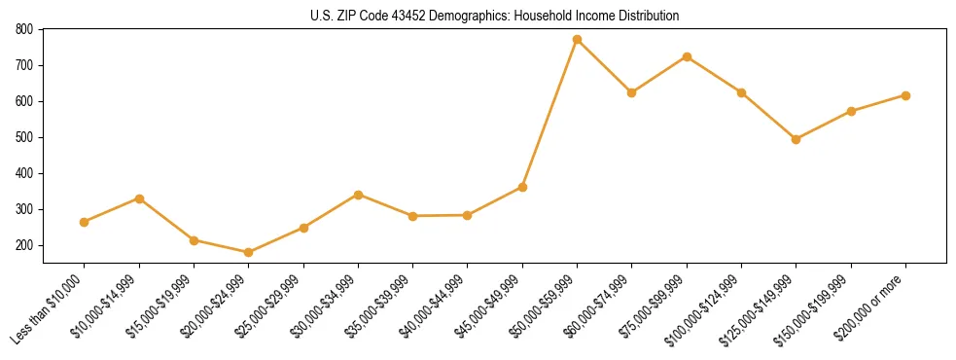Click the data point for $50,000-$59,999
[577, 40]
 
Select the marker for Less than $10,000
[85, 222]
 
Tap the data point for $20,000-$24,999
[248, 253]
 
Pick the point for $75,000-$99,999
[687, 56]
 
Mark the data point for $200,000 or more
[905, 95]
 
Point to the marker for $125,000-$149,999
[796, 139]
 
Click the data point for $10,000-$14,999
[139, 198]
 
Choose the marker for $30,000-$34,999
[358, 195]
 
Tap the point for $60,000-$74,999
[632, 92]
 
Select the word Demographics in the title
[451, 17]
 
